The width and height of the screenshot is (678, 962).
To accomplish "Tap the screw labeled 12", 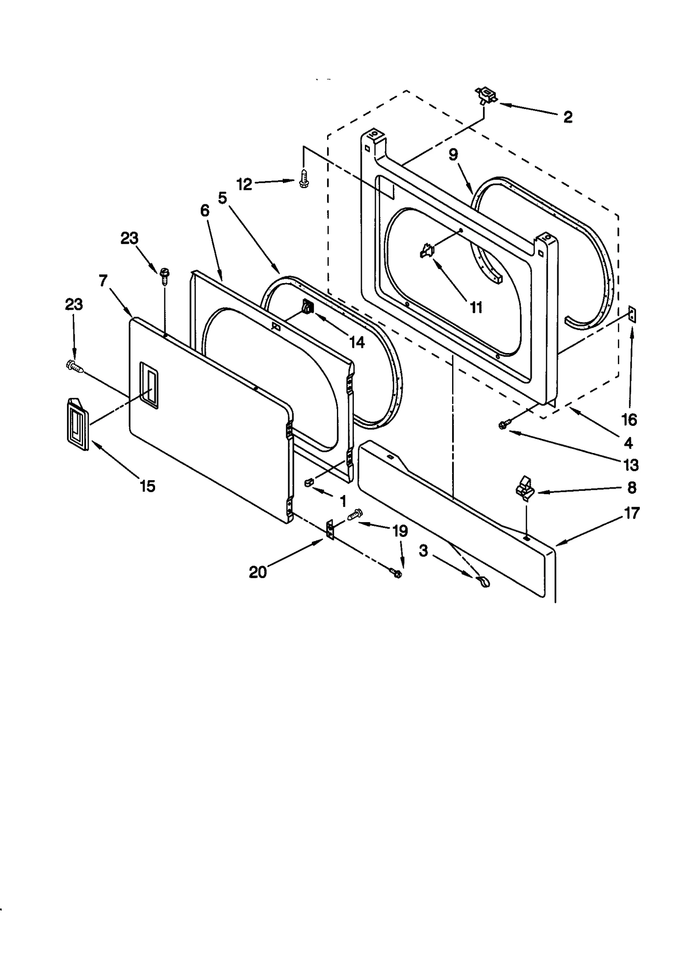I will point(303,179).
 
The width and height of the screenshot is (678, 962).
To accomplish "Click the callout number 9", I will point(453,155).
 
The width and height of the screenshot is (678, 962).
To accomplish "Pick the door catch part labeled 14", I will point(307,306).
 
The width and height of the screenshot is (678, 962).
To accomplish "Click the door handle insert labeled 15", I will point(77,424).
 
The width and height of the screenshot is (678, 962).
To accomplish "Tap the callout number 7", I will point(103,281).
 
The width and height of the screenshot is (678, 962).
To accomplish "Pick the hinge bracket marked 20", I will point(330,530).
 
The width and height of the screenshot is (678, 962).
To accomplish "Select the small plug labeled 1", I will point(308,481).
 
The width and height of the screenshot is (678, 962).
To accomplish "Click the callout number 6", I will point(205,210).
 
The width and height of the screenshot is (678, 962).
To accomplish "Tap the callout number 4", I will point(628,443).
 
